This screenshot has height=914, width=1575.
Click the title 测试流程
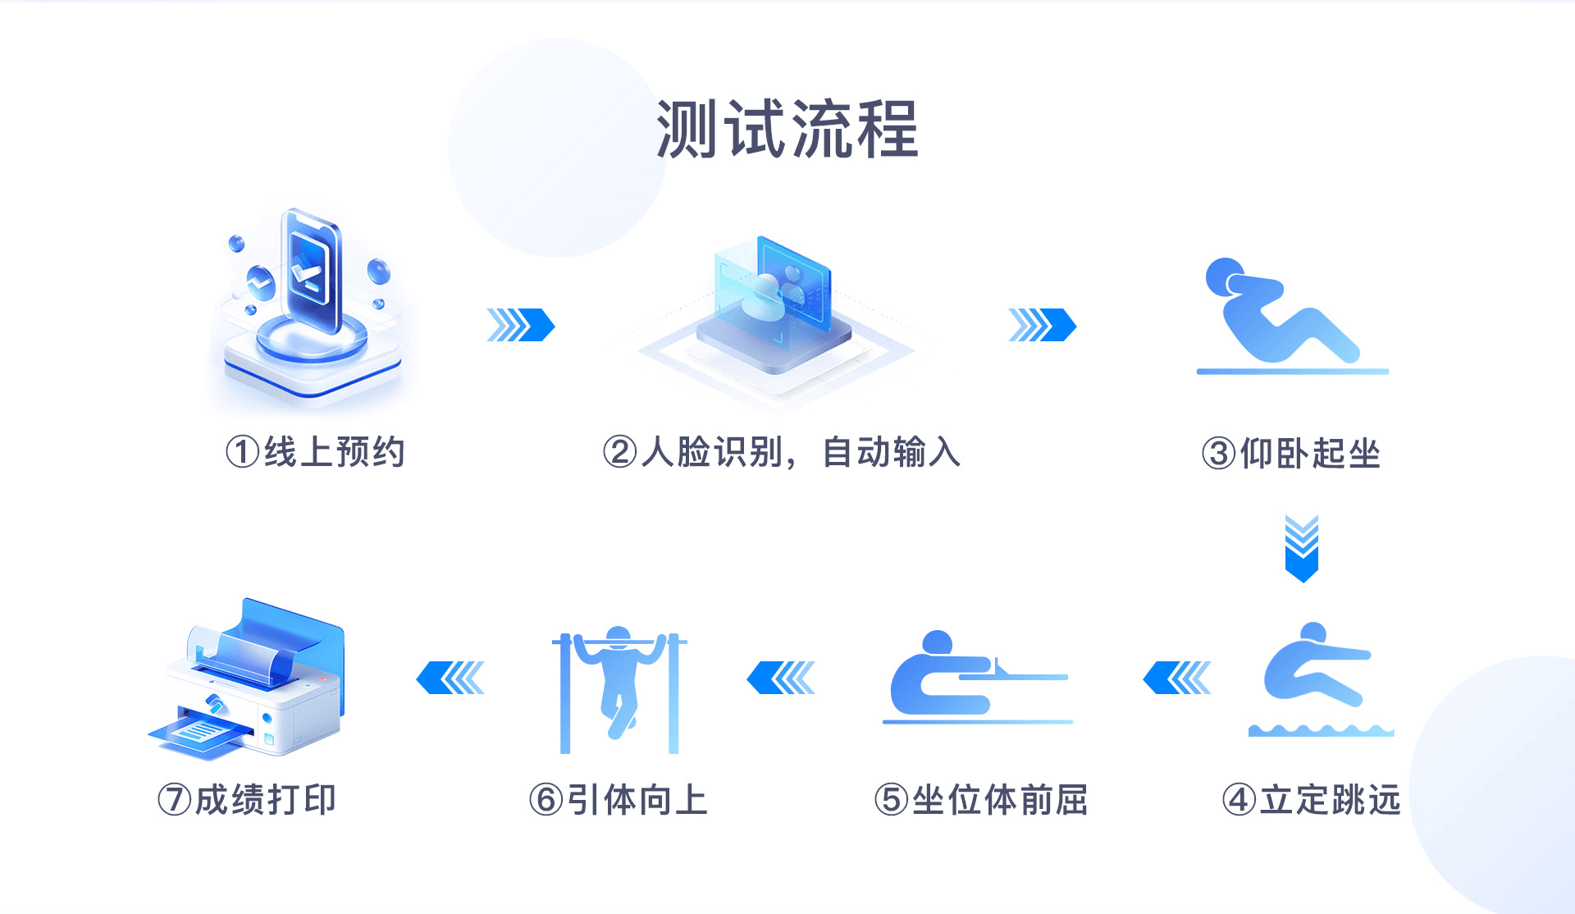[x=787, y=129]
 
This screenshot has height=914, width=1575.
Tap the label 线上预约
[x=334, y=452]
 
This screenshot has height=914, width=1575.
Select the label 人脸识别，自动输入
[x=800, y=452]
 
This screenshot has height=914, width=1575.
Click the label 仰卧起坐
[x=1310, y=453]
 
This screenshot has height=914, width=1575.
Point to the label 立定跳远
[x=1331, y=800]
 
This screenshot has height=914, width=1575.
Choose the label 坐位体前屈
[x=1000, y=800]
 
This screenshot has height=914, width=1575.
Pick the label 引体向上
[x=637, y=800]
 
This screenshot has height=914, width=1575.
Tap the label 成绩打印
[x=266, y=800]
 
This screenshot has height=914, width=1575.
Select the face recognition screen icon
[x=775, y=316]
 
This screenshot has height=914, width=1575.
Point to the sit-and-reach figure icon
[x=977, y=678]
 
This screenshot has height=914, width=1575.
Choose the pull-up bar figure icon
[x=619, y=690]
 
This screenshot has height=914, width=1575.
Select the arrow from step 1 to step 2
[x=521, y=325]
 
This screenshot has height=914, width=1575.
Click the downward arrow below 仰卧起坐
[x=1302, y=549]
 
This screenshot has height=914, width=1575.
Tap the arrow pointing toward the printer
[x=450, y=678]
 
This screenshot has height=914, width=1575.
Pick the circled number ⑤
[x=892, y=800]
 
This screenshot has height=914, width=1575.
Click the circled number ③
[x=1219, y=453]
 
